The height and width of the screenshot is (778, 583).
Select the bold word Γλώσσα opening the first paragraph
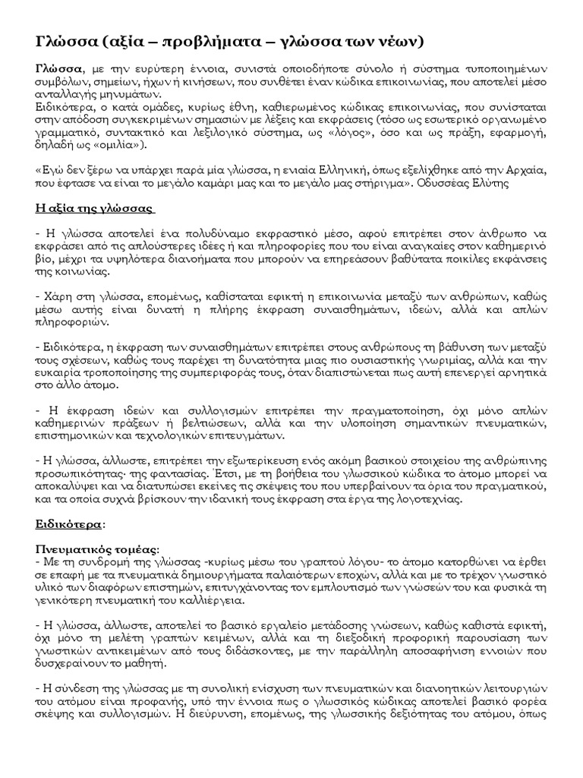58,69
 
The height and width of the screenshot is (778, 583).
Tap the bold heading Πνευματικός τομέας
96,549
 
